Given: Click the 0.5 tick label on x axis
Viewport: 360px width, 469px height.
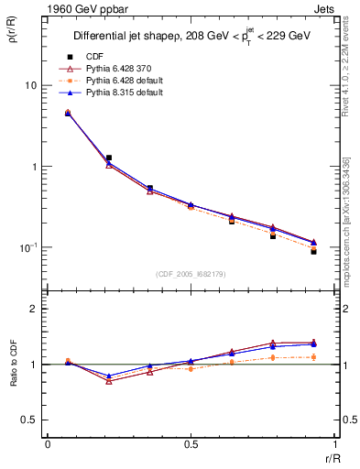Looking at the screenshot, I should pos(191,444).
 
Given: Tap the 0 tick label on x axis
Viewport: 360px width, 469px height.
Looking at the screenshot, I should pos(48,444).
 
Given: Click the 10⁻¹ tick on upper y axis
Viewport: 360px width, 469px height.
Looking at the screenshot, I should pos(27,247).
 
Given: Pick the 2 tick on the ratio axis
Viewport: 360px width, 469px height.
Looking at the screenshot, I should pos(34,309).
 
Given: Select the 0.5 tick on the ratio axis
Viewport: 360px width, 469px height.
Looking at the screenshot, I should pos(28,420).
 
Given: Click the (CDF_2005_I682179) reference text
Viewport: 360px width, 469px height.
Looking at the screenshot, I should pos(191,274).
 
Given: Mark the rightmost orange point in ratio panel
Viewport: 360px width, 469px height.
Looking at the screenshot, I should pos(313,356).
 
